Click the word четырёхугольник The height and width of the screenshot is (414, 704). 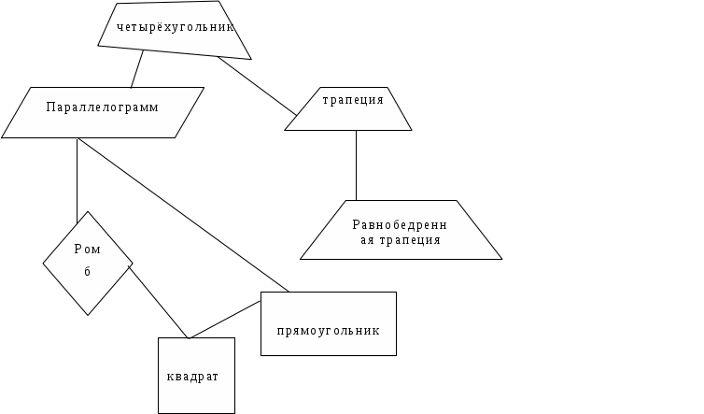tap(175, 27)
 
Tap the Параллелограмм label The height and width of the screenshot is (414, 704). tap(103, 107)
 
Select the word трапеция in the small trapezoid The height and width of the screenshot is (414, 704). tap(353, 100)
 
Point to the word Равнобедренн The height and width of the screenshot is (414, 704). tap(400, 224)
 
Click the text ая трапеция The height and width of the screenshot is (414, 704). tap(400, 240)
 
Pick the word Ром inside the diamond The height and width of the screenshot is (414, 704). tap(87, 250)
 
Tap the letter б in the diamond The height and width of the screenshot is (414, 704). tap(87, 272)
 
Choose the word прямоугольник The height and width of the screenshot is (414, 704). tap(329, 330)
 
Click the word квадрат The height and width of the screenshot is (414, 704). tap(192, 377)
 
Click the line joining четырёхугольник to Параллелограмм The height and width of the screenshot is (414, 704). tap(137, 69)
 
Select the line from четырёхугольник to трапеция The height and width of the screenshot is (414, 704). tap(252, 84)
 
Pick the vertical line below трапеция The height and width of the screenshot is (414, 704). tap(357, 166)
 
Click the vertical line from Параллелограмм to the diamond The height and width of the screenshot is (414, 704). tap(77, 178)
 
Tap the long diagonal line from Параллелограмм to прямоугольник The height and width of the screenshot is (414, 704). tap(182, 214)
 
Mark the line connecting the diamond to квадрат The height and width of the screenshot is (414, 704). tap(159, 303)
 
